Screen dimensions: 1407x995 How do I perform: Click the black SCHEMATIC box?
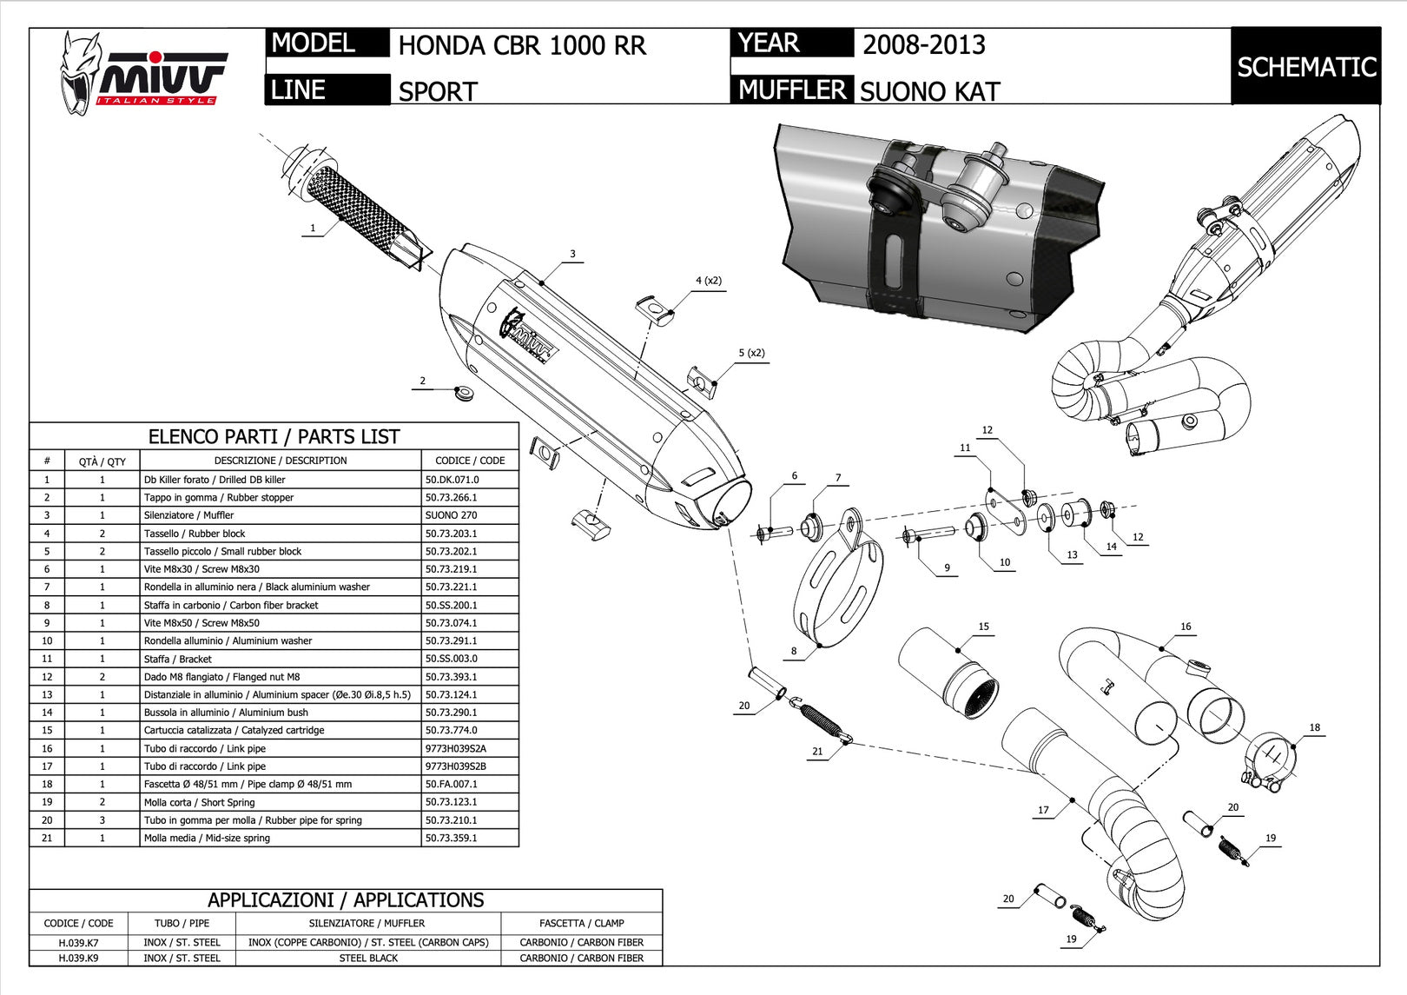[1306, 66]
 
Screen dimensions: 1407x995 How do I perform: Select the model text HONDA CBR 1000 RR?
[522, 46]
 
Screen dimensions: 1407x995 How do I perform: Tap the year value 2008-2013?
[924, 44]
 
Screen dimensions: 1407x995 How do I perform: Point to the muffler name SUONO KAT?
[929, 92]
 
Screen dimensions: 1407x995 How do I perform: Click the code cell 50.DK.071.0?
[452, 480]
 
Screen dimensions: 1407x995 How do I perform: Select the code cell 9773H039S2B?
[455, 766]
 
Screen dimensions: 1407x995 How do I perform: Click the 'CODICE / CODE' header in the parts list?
[470, 461]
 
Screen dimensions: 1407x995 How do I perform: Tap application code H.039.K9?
[78, 958]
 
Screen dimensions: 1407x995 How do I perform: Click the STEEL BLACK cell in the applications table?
[369, 958]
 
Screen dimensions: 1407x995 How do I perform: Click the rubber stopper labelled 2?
[464, 395]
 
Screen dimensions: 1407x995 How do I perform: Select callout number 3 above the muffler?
[573, 254]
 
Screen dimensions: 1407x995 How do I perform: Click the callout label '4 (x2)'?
[709, 281]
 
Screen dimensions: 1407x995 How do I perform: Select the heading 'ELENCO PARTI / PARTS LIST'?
[274, 436]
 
